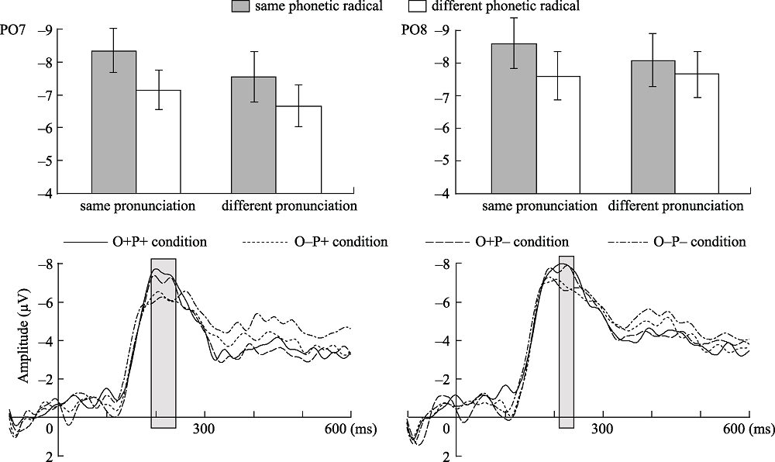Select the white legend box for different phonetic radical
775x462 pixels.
420,7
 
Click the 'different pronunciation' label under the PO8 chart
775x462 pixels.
675,207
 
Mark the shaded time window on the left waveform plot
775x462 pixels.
164,343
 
